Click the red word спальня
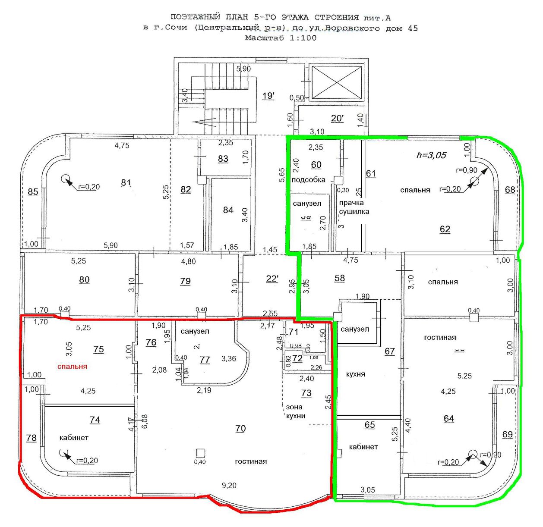(x=73, y=367)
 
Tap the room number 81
(x=126, y=183)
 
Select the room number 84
(x=228, y=210)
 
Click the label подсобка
(x=308, y=180)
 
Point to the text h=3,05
(x=431, y=155)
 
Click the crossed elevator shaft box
(x=336, y=82)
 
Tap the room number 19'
(x=268, y=96)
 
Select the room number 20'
(x=337, y=118)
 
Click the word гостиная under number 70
(x=251, y=461)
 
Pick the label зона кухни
(x=296, y=411)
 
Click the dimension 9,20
(x=229, y=486)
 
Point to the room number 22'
(x=272, y=279)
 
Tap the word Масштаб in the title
(x=264, y=38)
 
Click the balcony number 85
(x=33, y=192)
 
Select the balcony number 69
(x=508, y=434)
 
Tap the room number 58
(x=340, y=278)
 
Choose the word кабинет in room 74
(x=74, y=438)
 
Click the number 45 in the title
(x=412, y=28)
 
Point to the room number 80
(x=84, y=280)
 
